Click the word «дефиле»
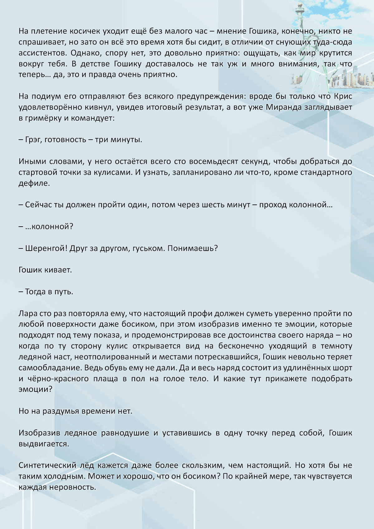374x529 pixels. [34, 183]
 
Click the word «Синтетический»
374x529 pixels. [47, 465]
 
